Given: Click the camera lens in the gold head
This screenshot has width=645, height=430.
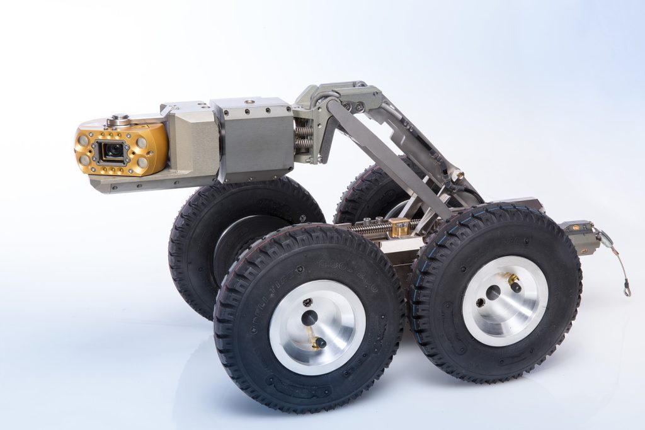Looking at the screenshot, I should [114, 151].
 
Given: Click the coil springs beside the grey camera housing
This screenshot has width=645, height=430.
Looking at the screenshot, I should [304, 137].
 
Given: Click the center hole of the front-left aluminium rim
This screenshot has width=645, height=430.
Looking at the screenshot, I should [309, 318].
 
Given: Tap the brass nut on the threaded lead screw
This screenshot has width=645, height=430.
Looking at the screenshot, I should [398, 228].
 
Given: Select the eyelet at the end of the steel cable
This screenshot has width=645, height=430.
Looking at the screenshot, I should [627, 291].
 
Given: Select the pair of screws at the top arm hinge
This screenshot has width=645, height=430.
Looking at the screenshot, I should [355, 106].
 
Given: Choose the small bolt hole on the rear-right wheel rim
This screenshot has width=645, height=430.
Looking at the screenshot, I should [478, 302].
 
